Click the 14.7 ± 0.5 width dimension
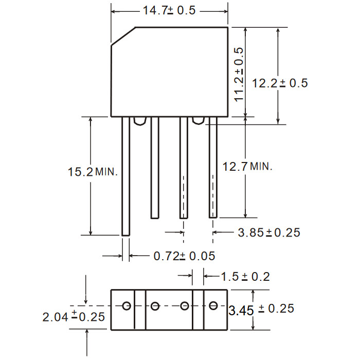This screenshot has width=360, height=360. click(169, 11)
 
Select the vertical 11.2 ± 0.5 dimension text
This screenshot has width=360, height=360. click(239, 75)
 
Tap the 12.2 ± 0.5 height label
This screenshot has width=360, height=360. click(280, 83)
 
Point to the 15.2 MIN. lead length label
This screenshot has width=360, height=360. click(93, 172)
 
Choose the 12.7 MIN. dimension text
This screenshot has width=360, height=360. click(247, 166)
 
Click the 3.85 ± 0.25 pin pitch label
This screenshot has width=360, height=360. click(269, 232)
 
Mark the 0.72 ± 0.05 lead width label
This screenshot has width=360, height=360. click(184, 256)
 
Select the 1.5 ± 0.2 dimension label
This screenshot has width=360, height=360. click(245, 277)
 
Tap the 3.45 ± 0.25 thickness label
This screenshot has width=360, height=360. click(261, 310)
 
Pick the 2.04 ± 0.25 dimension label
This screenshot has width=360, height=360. click(74, 317)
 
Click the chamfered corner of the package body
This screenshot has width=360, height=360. click(123, 37)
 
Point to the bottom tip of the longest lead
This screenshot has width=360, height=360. click(125, 236)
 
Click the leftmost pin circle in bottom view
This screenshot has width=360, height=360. click(127, 306)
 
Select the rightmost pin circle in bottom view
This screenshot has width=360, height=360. click(213, 305)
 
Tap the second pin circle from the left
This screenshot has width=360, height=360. click(155, 306)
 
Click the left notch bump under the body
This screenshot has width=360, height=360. click(140, 121)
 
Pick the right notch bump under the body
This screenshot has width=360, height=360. click(199, 121)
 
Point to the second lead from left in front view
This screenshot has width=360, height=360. click(155, 168)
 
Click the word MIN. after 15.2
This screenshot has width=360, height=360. click(106, 172)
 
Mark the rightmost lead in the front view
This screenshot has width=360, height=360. click(213, 167)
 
